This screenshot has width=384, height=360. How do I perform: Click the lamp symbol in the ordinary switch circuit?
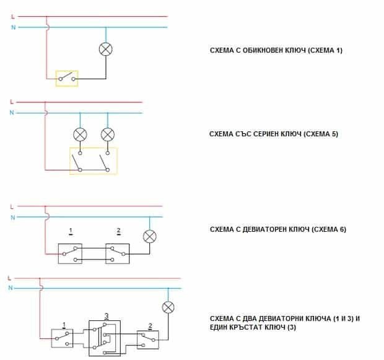pyautogui.click(x=106, y=49)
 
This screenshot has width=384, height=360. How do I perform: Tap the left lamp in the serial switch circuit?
pyautogui.click(x=80, y=134)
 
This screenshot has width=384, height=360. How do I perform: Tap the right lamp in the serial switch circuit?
pyautogui.click(x=108, y=134)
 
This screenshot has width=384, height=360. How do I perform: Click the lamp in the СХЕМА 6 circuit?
pyautogui.click(x=150, y=237)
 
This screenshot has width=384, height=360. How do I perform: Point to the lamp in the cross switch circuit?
pyautogui.click(x=168, y=307)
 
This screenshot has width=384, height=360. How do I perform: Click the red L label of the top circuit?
pyautogui.click(x=13, y=17)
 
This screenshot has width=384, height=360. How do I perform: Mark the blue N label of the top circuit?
pyautogui.click(x=13, y=27)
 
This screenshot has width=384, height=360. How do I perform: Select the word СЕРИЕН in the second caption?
pyautogui.click(x=266, y=134)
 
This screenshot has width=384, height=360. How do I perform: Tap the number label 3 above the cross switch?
pyautogui.click(x=107, y=316)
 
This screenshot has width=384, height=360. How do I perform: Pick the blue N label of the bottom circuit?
pyautogui.click(x=11, y=288)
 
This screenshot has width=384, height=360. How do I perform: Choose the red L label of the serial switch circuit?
pyautogui.click(x=12, y=102)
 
